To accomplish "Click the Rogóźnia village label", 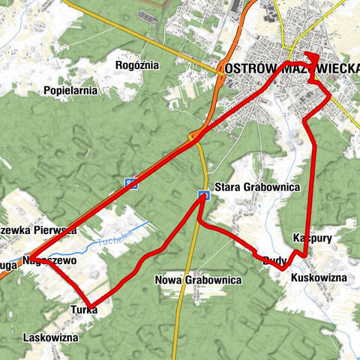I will click(138, 65).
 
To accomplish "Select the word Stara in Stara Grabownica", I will click(227, 186).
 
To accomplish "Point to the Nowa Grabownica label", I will click(198, 280).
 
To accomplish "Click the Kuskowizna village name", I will click(318, 277).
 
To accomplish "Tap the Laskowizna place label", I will click(50, 337).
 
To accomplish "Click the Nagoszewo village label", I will click(50, 261).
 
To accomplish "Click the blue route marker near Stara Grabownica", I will click(203, 196).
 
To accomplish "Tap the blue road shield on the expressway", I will click(130, 183).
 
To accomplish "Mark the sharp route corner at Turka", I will click(90, 304).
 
